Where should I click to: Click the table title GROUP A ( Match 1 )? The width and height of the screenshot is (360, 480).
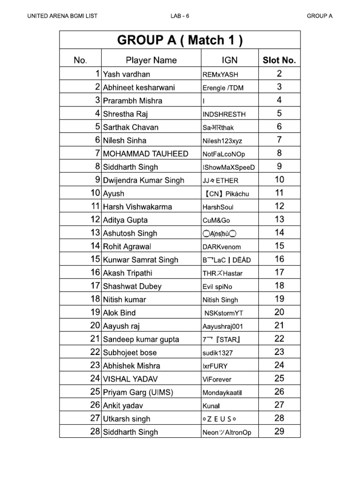[x=180, y=41]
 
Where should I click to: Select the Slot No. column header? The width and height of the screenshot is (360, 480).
[x=279, y=60]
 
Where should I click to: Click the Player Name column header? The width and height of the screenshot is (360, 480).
[x=151, y=60]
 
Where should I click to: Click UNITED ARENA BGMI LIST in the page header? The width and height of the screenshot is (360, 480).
[x=62, y=16]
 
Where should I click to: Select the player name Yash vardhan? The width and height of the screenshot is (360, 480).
[x=127, y=74]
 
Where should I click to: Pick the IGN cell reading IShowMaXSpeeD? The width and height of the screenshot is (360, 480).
[x=229, y=167]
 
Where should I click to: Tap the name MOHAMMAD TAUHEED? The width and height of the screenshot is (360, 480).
[x=146, y=154]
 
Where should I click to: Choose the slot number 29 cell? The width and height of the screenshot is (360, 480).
[x=279, y=432]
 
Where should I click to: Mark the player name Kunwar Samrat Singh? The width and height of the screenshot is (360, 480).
[x=141, y=260]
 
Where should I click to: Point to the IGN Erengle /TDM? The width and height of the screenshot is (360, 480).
[x=223, y=88]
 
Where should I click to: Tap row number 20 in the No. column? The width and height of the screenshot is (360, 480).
[x=95, y=326]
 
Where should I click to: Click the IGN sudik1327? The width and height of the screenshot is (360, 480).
[x=217, y=353]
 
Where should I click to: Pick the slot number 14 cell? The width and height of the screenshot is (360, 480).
[x=279, y=232]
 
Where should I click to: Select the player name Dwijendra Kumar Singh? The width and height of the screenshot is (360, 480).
[x=143, y=180]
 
